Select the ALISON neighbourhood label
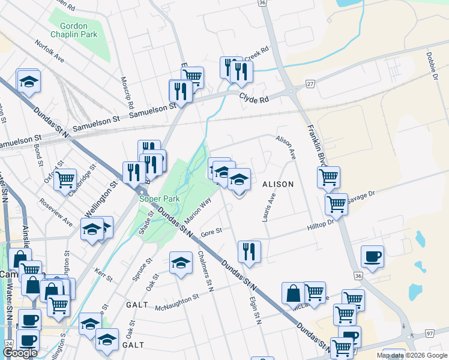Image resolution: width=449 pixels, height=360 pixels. tap(277, 184)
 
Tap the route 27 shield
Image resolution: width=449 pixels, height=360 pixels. tap(310, 84)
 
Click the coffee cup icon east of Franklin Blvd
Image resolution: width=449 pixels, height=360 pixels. tap(372, 256)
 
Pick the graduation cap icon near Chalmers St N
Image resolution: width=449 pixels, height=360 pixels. tap(181, 262)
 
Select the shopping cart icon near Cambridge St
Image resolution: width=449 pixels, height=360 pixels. tap(65, 178)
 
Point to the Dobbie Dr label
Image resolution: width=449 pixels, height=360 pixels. tap(431, 64)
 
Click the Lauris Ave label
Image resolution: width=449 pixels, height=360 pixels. tap(268, 208)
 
